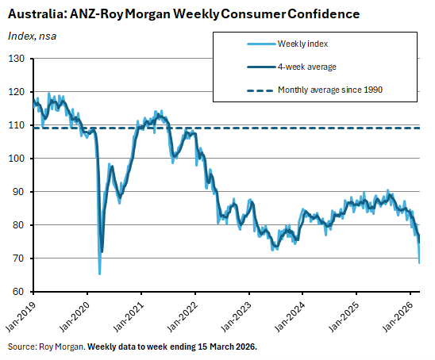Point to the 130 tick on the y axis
[20, 59]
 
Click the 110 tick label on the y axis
[20, 125]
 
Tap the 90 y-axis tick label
[22, 192]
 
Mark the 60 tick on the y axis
[22, 292]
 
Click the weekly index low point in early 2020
[99, 274]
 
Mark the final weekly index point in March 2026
[419, 262]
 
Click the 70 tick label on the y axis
[22, 259]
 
